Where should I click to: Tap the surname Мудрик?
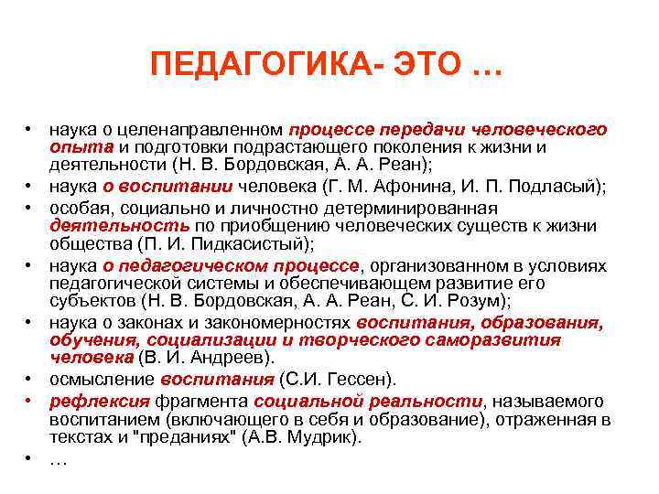pos(325,437)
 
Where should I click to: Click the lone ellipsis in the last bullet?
pos(58,460)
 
